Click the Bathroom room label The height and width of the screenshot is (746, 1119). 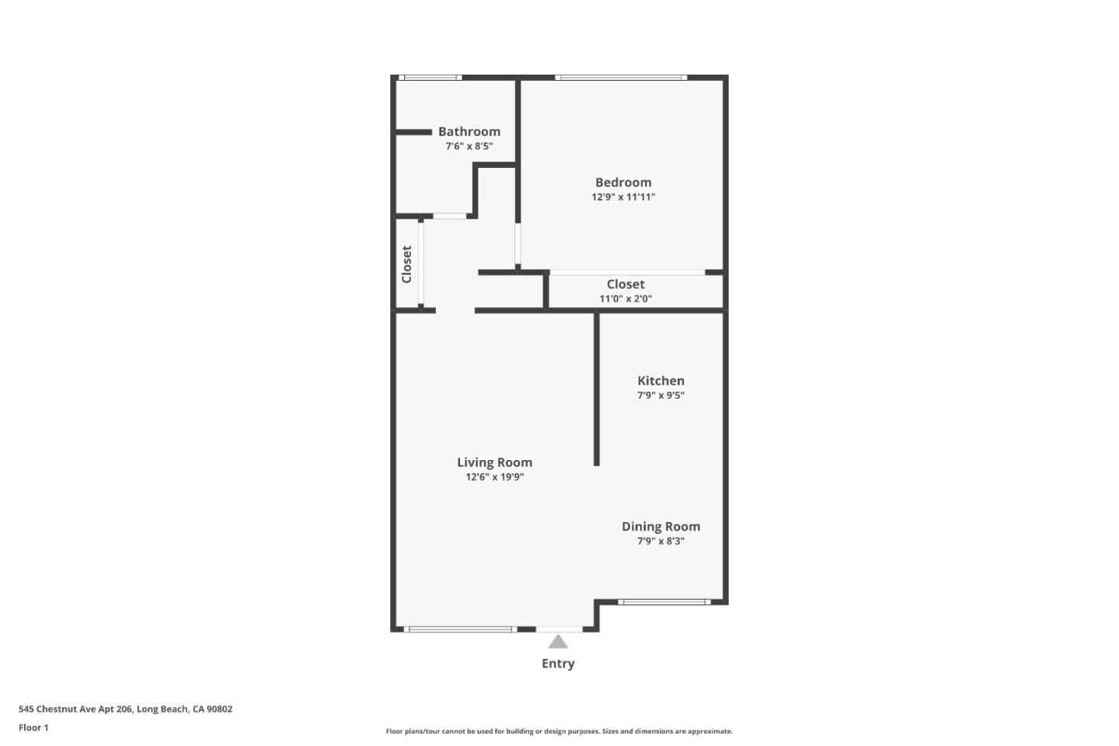click(x=469, y=132)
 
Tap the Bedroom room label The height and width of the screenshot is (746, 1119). click(x=623, y=183)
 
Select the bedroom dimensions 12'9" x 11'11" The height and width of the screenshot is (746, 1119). click(x=623, y=197)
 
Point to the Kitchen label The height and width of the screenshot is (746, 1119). click(x=661, y=381)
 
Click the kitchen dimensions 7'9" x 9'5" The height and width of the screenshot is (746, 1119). click(x=661, y=396)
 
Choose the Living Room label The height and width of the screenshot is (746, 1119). click(x=494, y=462)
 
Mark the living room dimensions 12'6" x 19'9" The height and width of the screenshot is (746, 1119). click(x=494, y=477)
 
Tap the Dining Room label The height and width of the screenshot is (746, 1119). click(x=661, y=527)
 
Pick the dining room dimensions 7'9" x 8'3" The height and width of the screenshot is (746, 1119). click(x=661, y=542)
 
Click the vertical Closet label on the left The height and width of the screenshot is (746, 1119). click(x=406, y=264)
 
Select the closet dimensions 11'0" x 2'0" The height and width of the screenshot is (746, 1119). click(x=626, y=299)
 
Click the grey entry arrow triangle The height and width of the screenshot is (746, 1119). click(x=558, y=642)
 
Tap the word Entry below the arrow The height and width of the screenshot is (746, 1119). click(x=558, y=664)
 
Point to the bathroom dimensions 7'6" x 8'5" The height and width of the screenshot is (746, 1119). click(x=469, y=146)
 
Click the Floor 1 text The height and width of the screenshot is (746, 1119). click(x=33, y=728)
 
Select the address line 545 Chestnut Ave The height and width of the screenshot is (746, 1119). click(x=125, y=709)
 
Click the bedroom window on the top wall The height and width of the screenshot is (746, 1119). click(x=621, y=78)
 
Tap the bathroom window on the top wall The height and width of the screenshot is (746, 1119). click(x=430, y=78)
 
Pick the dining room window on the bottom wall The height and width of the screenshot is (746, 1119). click(x=664, y=601)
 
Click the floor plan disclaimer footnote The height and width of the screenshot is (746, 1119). click(x=559, y=731)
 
